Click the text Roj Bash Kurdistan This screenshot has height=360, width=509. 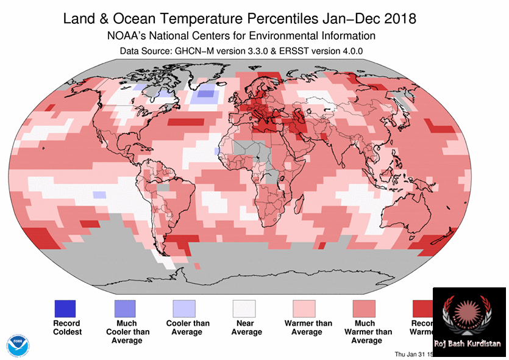pyautogui.click(x=468, y=344)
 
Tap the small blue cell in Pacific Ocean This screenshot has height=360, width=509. pyautogui.click(x=99, y=195)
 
